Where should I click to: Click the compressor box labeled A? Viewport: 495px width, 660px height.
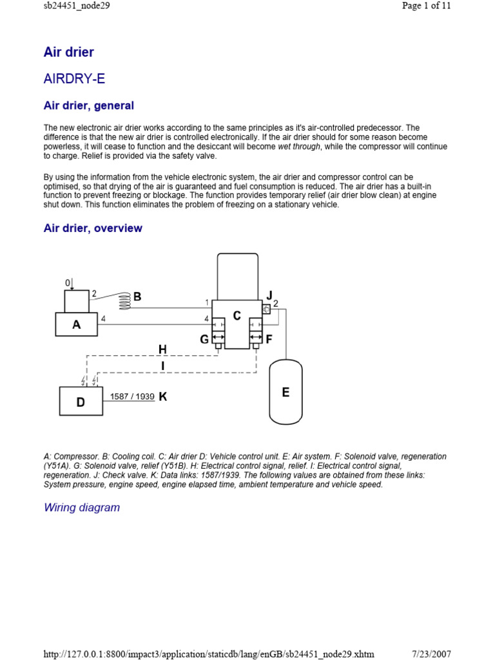(77, 324)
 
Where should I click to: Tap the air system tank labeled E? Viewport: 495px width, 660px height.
(286, 392)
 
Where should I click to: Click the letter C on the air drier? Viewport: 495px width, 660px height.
(237, 316)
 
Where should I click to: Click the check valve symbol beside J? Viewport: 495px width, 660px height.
(266, 309)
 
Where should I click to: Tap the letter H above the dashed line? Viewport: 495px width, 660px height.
(162, 349)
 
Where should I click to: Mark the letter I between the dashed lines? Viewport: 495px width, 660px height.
(162, 366)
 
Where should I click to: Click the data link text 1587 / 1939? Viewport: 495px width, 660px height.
(132, 397)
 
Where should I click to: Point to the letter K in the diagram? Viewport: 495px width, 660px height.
(162, 397)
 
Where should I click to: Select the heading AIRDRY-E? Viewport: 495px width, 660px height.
(74, 79)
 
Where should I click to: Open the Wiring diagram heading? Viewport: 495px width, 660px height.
(82, 507)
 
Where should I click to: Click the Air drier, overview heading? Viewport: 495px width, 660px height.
(93, 228)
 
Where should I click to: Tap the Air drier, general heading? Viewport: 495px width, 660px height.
(89, 105)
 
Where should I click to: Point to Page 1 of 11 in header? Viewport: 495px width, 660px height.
(426, 6)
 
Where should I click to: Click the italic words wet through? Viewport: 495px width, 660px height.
(298, 147)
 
